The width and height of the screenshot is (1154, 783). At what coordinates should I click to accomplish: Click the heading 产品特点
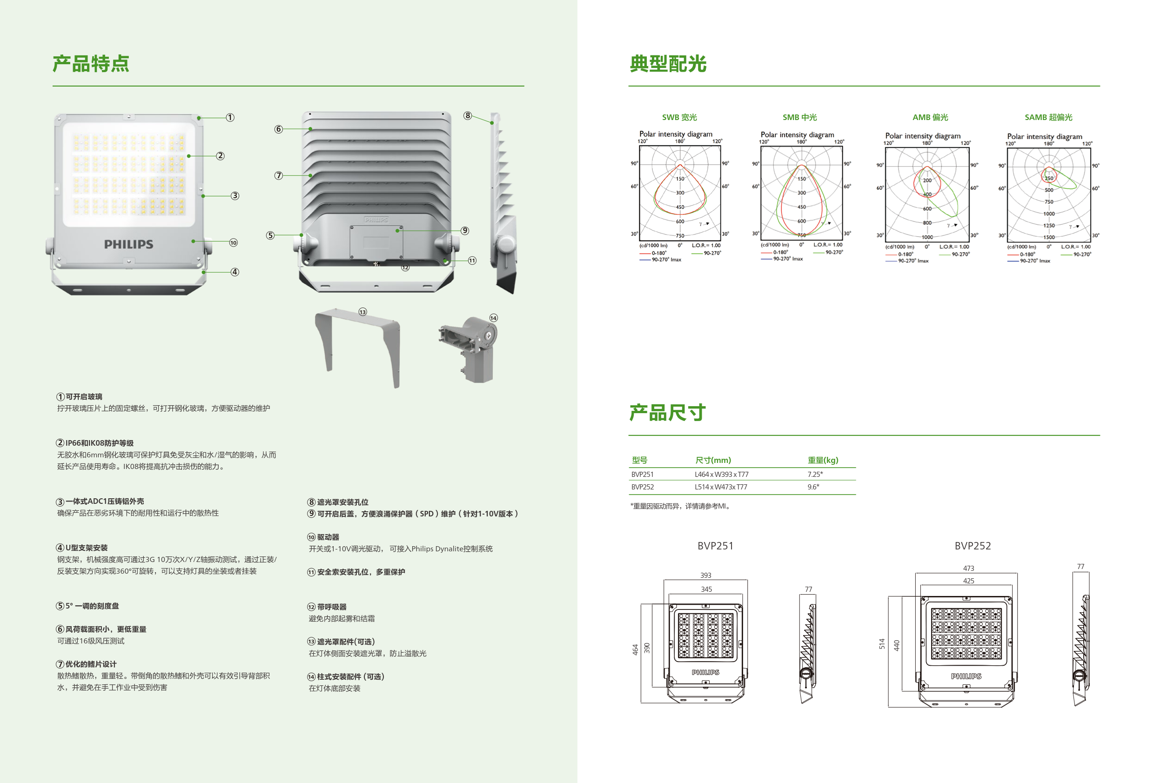(91, 64)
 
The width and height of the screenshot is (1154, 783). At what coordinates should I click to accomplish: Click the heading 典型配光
(668, 64)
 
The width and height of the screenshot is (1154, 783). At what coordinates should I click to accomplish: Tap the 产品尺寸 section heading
(667, 413)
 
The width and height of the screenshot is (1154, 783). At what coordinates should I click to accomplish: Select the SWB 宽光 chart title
(679, 118)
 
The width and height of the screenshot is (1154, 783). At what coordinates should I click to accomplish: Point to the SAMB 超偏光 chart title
(1048, 118)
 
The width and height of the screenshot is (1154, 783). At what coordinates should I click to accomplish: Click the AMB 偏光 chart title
(930, 118)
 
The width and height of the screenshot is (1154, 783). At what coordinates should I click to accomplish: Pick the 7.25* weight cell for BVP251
(815, 475)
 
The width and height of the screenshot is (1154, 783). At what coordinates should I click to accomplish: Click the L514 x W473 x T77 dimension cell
(720, 487)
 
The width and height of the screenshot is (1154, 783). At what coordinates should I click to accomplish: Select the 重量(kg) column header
(823, 460)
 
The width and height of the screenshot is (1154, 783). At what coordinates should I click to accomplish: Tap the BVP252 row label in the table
(642, 487)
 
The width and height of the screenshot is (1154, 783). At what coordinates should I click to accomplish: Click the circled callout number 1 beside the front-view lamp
(230, 118)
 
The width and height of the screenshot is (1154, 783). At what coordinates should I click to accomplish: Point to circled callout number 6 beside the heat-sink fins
(279, 129)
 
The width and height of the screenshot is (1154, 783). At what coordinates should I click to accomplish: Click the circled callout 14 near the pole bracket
(493, 318)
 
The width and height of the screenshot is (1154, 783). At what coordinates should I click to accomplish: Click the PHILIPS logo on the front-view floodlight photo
(128, 244)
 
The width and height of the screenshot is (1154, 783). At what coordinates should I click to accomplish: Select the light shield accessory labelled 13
(357, 345)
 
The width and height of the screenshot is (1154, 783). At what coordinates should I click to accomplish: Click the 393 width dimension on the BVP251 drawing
(705, 576)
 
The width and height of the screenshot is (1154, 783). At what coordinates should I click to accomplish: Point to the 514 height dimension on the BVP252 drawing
(882, 644)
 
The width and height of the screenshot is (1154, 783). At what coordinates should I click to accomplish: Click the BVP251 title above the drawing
(715, 546)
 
